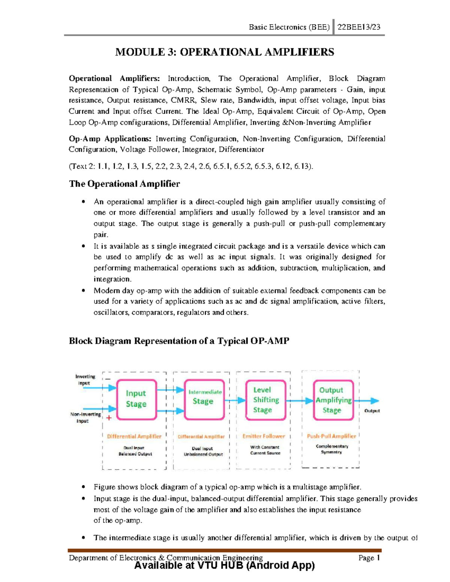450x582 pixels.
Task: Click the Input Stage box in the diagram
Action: click(x=136, y=399)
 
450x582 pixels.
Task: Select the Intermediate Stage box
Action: click(x=204, y=399)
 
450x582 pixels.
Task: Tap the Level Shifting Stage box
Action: click(x=265, y=400)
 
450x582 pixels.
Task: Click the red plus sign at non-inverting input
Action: click(x=109, y=418)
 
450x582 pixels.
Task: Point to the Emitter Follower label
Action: click(x=264, y=436)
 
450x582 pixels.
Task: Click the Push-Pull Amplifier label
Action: click(x=331, y=436)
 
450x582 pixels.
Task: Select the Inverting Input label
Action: click(x=85, y=380)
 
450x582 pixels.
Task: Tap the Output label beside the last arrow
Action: click(x=372, y=411)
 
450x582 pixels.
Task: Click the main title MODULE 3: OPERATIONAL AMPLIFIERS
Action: click(x=224, y=52)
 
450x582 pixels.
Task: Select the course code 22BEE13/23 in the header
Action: click(x=359, y=27)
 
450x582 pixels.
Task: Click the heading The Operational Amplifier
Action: click(x=124, y=184)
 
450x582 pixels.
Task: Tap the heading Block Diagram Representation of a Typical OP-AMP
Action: click(x=179, y=341)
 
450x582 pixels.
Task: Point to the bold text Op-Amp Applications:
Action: click(x=110, y=139)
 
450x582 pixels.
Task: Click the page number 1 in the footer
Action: click(x=378, y=558)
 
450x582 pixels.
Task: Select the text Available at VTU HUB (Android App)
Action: click(x=224, y=565)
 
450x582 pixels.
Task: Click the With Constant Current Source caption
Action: click(x=265, y=450)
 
